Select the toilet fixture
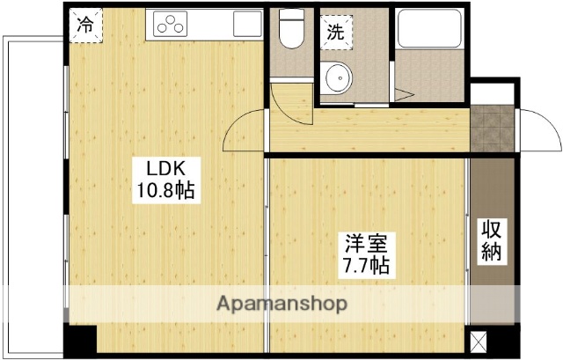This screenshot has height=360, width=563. [x=289, y=30]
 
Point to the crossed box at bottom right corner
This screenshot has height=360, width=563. [x=479, y=340]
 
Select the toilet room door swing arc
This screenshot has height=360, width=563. [x=290, y=101]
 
